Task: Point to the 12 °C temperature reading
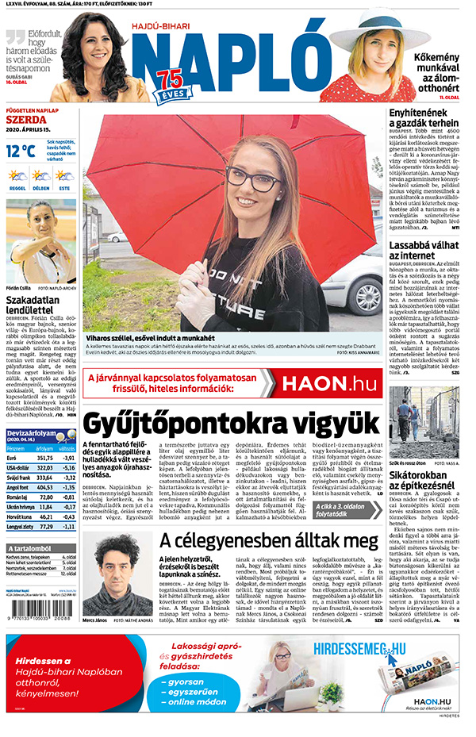[21, 150]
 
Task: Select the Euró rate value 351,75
[45, 458]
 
